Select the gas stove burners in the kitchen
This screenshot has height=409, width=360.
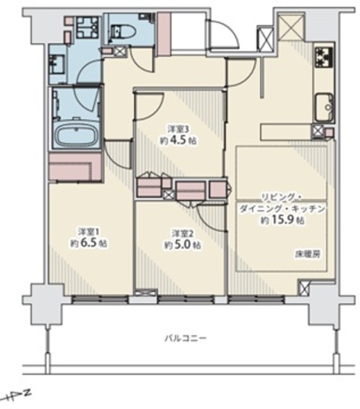pos(324,57)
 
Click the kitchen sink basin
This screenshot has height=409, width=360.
pos(324,107)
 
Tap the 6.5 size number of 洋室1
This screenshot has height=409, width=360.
pos(89,243)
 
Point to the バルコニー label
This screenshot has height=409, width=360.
pos(186,339)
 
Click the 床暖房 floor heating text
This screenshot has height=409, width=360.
pos(308,254)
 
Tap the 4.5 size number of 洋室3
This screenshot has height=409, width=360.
pos(178,141)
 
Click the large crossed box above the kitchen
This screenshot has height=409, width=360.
pos(292,27)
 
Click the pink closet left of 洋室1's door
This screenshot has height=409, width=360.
pos(75,167)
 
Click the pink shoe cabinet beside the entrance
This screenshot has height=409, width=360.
pos(163,34)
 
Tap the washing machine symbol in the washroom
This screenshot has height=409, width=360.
pos(88,27)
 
